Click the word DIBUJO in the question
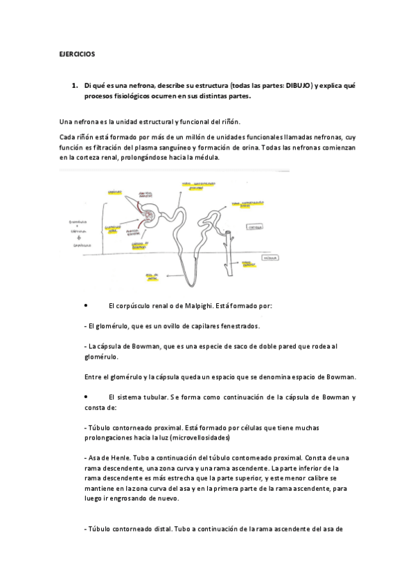(x=299, y=86)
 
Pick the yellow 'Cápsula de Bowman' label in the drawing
(x=139, y=244)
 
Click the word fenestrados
(x=239, y=325)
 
